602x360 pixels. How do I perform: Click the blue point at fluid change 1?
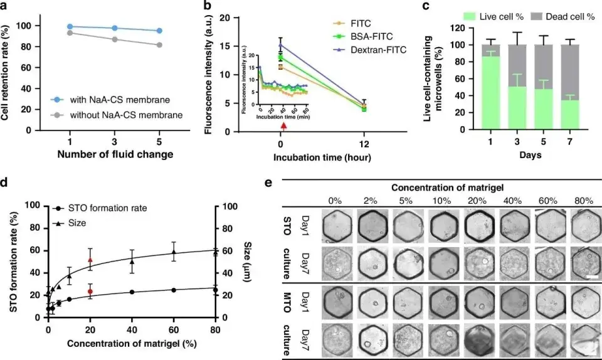point(70,27)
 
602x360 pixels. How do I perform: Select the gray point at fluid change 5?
point(159,45)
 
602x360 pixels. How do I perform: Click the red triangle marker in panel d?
point(90,260)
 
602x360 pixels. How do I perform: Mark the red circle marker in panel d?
point(90,292)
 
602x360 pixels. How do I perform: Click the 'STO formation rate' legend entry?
point(107,208)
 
